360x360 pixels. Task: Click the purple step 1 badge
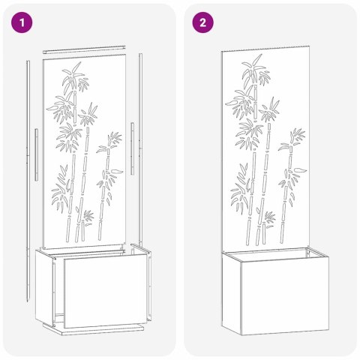[22, 22]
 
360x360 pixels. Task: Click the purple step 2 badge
[202, 22]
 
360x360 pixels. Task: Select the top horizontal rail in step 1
[84, 49]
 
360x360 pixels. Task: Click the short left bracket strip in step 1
[37, 154]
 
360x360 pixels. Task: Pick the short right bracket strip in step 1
[132, 148]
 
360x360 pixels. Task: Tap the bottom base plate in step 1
[94, 328]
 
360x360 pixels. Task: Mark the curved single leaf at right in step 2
[300, 170]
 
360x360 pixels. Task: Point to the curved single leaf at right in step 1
[117, 171]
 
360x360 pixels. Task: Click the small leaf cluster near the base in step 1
[88, 217]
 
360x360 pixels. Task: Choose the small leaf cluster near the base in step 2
[269, 219]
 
